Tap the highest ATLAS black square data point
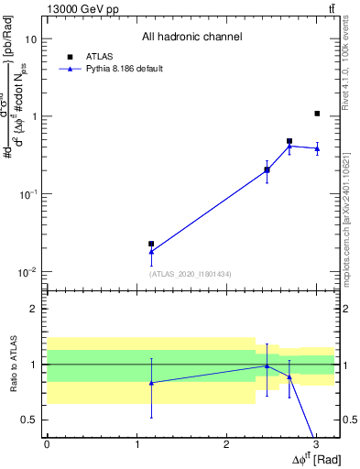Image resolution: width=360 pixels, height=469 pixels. pos(317,114)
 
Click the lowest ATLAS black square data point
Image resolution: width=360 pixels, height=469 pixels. pos(151,244)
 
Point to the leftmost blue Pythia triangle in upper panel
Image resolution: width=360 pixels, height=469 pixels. pos(151,251)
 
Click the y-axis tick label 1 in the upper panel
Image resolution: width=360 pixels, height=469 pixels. pos(35,116)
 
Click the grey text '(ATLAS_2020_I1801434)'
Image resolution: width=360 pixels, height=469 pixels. pos(191,274)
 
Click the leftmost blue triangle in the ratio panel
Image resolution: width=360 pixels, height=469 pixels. pos(151,383)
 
